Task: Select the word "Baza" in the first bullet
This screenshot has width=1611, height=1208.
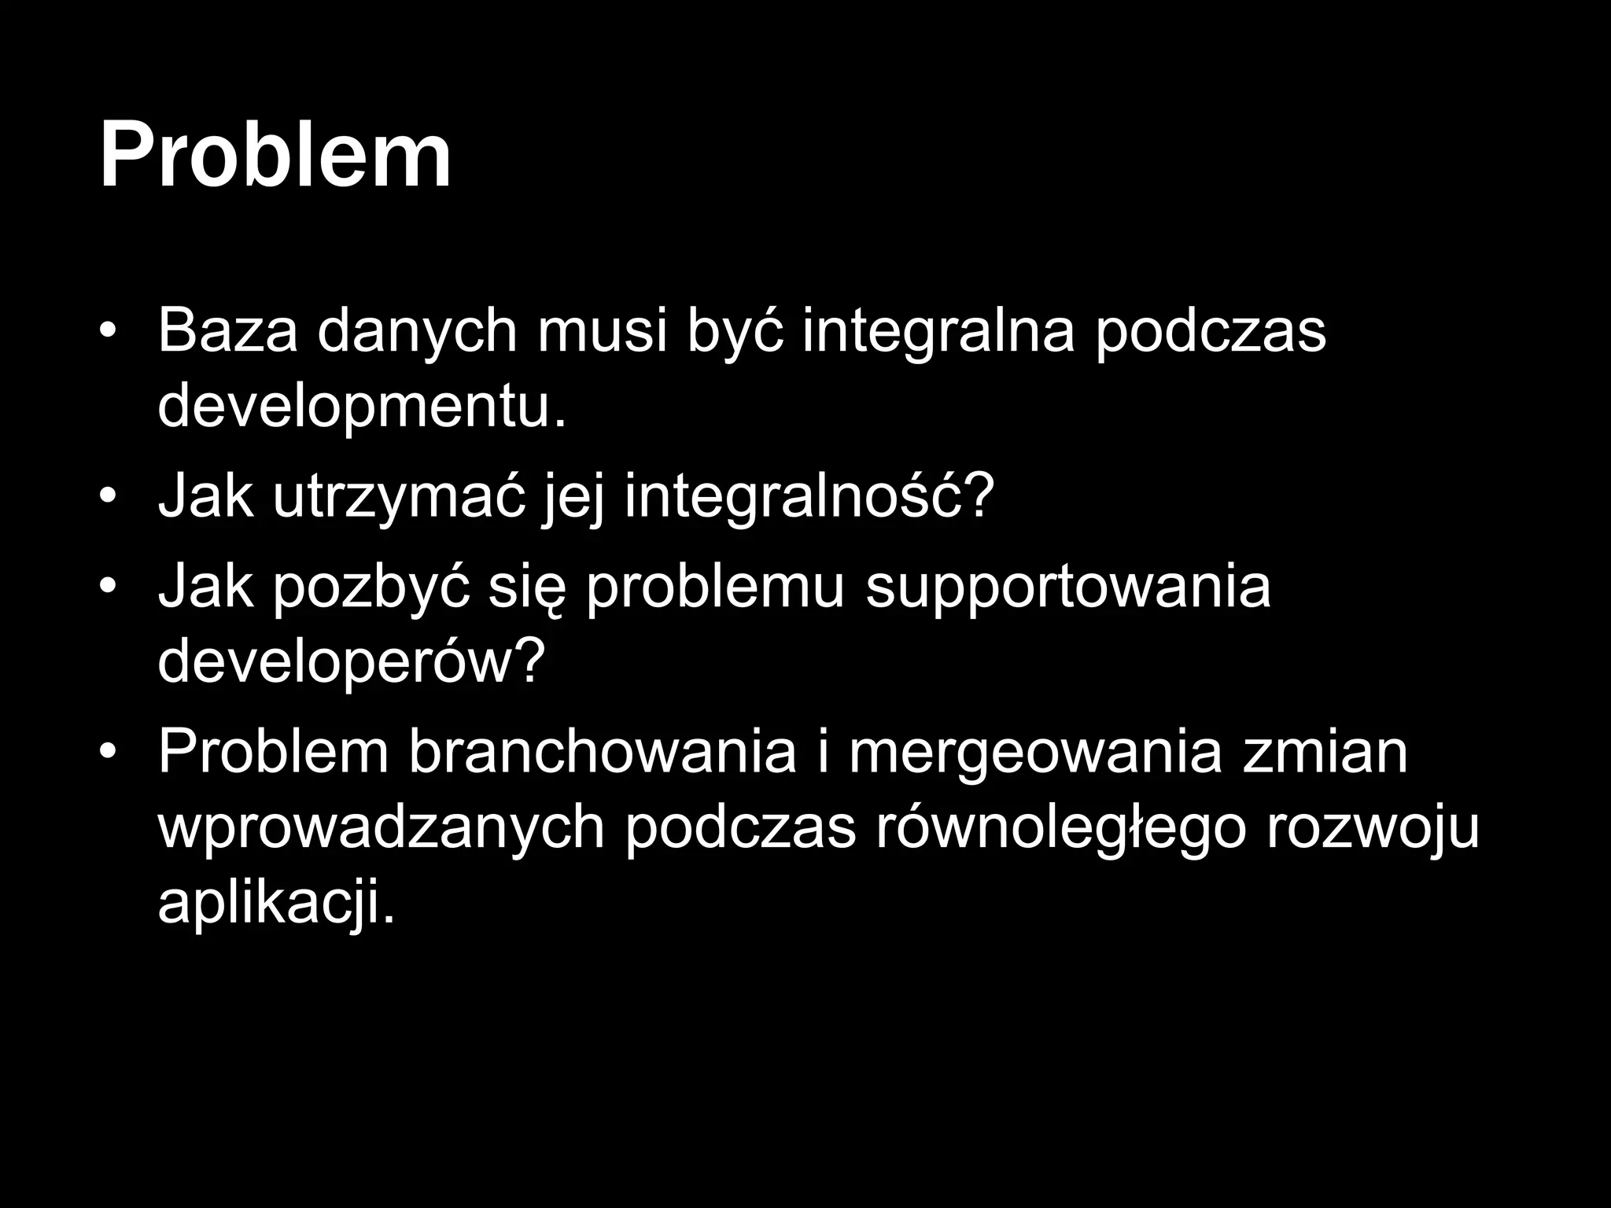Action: [227, 331]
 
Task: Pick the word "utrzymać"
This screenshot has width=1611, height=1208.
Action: [399, 499]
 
